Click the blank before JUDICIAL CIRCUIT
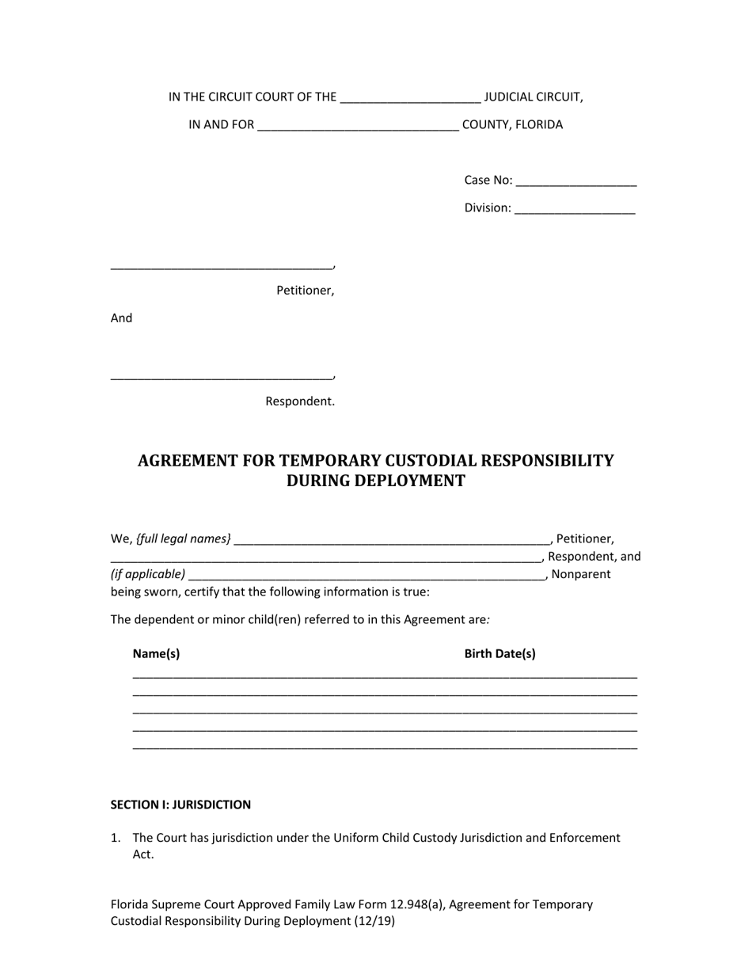click(409, 98)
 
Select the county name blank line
click(358, 126)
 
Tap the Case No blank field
click(575, 181)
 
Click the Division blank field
click(575, 209)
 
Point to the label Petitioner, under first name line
click(305, 291)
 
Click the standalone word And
click(121, 318)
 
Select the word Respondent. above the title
click(300, 401)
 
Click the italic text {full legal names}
click(184, 539)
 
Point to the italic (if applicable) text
click(148, 574)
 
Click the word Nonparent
click(580, 574)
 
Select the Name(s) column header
click(156, 654)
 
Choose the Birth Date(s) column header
click(499, 654)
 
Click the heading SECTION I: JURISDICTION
click(180, 805)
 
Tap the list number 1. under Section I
click(116, 838)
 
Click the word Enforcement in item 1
click(585, 838)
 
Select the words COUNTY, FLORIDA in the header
click(512, 125)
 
